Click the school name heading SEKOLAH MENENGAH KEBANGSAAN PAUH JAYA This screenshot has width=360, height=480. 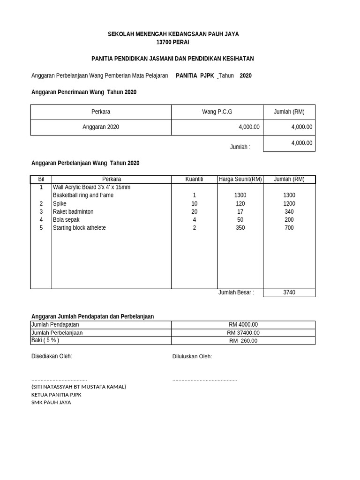point(173,35)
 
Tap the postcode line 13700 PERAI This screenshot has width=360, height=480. point(173,42)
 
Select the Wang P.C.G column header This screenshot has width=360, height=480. point(217,112)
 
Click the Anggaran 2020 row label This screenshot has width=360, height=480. point(101,127)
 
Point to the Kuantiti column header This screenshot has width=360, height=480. point(194,179)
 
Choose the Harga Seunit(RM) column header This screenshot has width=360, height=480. point(240,179)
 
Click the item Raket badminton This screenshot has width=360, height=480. point(73,212)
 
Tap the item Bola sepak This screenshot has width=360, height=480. point(66,220)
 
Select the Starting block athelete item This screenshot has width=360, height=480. point(79,228)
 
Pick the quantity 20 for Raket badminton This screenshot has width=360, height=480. point(195,212)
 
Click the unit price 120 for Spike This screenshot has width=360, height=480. point(240,204)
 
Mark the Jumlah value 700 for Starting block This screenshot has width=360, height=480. point(289,228)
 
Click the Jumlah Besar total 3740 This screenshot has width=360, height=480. point(289,292)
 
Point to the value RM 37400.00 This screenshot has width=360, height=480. point(243,333)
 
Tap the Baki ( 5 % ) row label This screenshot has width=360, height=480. point(45,341)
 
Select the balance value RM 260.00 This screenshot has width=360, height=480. point(243,341)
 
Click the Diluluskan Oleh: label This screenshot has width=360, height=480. point(192,357)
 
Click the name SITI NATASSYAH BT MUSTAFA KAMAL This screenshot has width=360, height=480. point(79,387)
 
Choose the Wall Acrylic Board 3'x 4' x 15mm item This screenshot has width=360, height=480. point(91,187)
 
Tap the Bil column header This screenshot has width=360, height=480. point(41,179)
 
